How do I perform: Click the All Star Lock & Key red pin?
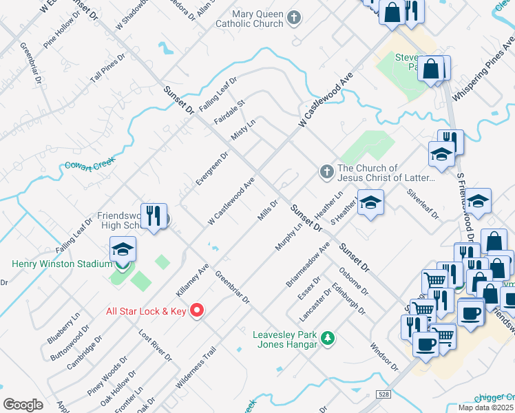pyautogui.click(x=197, y=310)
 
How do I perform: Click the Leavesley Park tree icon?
pyautogui.click(x=329, y=337)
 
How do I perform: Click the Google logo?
pyautogui.click(x=23, y=405)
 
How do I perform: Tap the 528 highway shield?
pyautogui.click(x=384, y=394)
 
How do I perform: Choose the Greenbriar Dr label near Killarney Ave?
pyautogui.click(x=232, y=288)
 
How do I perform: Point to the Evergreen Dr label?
pyautogui.click(x=211, y=169)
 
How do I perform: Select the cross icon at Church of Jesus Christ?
pyautogui.click(x=326, y=171)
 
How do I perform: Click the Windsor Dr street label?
pyautogui.click(x=384, y=357)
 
